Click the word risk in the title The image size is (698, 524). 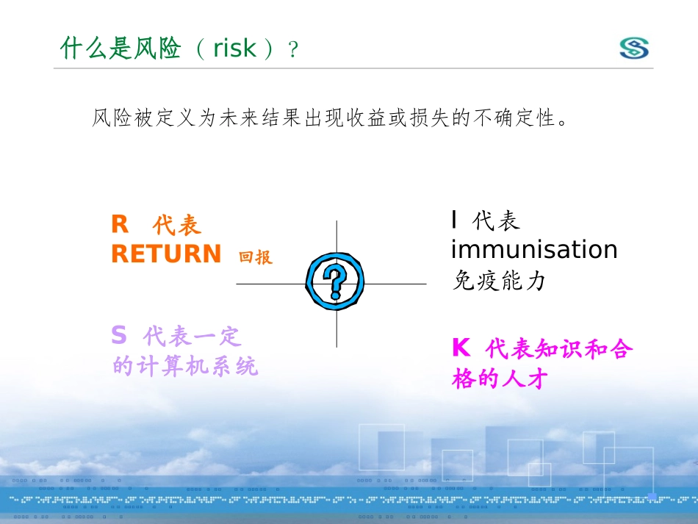(234, 48)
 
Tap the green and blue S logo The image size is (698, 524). (634, 48)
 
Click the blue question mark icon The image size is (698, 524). (335, 281)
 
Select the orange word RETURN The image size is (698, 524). (166, 254)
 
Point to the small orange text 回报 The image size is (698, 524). (256, 257)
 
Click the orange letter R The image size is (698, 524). (120, 224)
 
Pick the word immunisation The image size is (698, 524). (534, 249)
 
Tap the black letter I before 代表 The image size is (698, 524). (454, 220)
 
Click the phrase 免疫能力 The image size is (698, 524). (499, 281)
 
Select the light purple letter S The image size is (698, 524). (119, 335)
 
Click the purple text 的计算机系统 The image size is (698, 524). (184, 366)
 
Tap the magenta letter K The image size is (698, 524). (461, 348)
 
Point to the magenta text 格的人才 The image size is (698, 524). (500, 379)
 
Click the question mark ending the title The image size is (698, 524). (293, 49)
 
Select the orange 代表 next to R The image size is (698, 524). (177, 225)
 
